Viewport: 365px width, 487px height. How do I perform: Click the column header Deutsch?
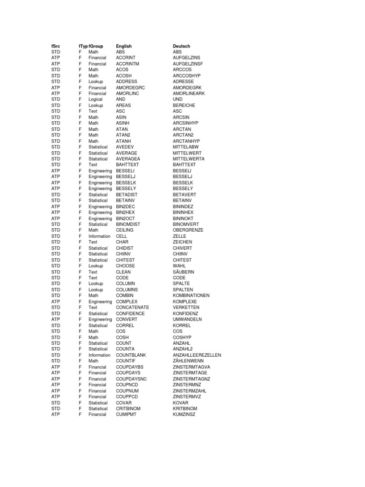[x=181, y=46]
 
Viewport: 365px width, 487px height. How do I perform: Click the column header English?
[x=124, y=46]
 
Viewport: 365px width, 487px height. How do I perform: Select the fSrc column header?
[x=56, y=46]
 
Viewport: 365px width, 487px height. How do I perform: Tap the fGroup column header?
[x=96, y=46]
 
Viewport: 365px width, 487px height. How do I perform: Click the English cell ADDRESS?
[x=126, y=82]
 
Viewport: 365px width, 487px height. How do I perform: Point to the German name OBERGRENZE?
[x=188, y=230]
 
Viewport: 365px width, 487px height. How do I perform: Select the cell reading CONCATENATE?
[x=133, y=308]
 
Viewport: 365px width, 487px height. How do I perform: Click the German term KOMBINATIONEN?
[x=191, y=296]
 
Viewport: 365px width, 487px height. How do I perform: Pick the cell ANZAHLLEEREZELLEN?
[x=197, y=355]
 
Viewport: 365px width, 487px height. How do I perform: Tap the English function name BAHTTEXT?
[x=126, y=165]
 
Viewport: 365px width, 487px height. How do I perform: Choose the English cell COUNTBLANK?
[x=131, y=355]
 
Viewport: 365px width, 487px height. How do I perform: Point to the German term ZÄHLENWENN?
[x=188, y=361]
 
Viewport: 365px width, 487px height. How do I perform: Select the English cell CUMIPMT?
[x=126, y=415]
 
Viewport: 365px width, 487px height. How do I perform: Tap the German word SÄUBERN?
[x=183, y=272]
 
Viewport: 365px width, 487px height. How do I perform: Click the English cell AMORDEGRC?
[x=130, y=88]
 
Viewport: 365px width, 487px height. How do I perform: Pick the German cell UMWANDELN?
[x=187, y=320]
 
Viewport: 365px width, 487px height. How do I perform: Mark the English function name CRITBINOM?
[x=128, y=409]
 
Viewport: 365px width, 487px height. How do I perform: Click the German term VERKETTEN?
[x=186, y=308]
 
